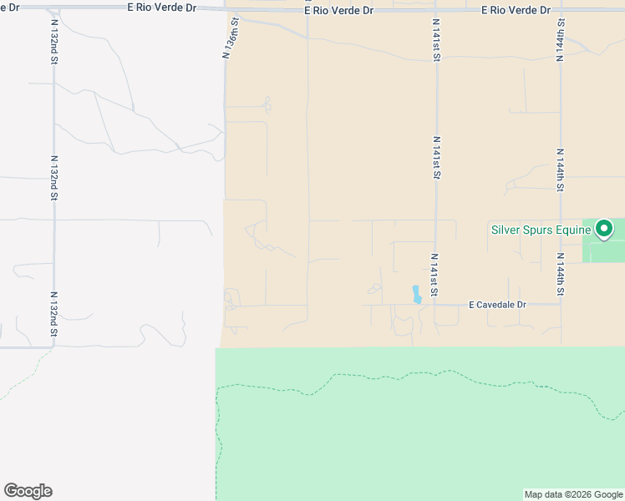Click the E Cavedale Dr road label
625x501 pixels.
(x=497, y=305)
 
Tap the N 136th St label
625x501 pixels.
(x=231, y=39)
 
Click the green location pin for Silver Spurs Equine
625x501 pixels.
(x=604, y=228)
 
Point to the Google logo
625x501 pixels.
(x=28, y=491)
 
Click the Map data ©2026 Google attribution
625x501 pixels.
(x=573, y=494)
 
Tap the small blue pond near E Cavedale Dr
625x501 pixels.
(x=416, y=294)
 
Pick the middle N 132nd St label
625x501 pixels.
(x=53, y=177)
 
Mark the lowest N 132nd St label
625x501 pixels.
(x=53, y=315)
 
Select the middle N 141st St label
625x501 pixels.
(x=436, y=158)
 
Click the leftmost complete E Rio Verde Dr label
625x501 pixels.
(x=162, y=8)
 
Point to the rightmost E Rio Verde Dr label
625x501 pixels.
(x=517, y=10)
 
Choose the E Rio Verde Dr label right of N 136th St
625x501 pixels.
(x=339, y=10)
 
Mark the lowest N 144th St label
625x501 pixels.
(x=560, y=277)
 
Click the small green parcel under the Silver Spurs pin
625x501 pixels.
(x=603, y=249)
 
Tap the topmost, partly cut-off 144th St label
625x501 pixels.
(x=559, y=43)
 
